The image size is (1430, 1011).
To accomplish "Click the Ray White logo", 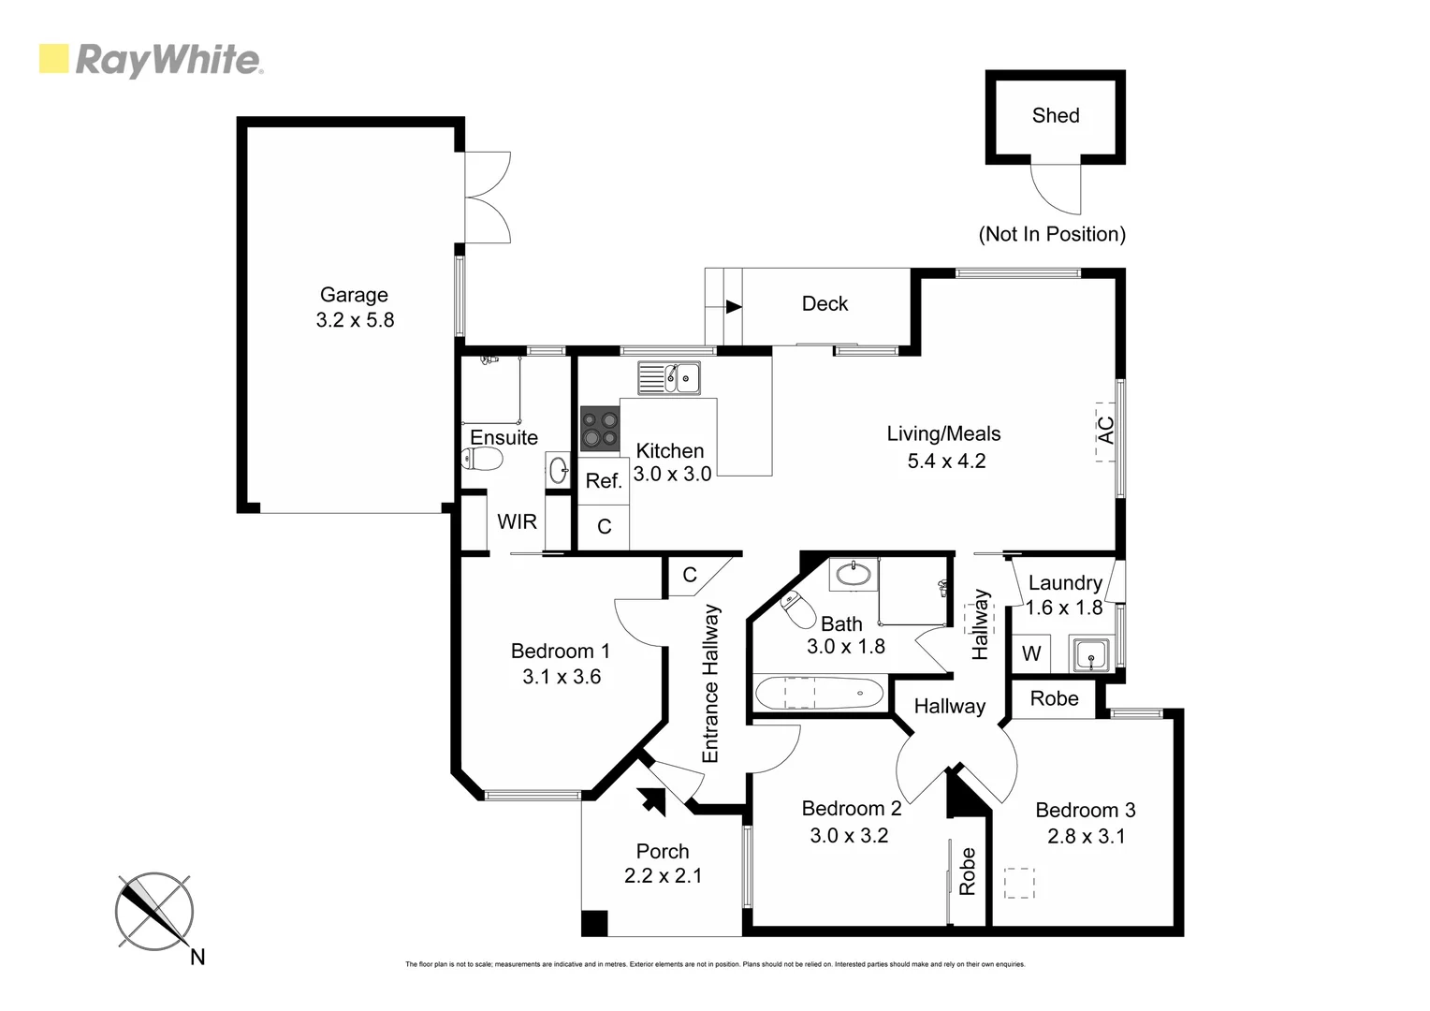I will (x=151, y=60).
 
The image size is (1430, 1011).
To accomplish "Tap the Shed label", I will (x=1055, y=115).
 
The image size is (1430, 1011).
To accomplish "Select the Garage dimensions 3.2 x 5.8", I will (x=355, y=320).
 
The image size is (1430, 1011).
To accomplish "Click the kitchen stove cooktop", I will (x=599, y=429).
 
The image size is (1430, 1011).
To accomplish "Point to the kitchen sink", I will (x=669, y=377).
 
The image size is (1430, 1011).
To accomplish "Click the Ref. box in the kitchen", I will (x=604, y=481).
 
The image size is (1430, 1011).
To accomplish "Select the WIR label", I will (x=517, y=521).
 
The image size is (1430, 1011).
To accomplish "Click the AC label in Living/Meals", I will (x=1105, y=430).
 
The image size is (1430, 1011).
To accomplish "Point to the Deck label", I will (x=824, y=303).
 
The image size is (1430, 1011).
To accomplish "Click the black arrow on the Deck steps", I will (x=734, y=306).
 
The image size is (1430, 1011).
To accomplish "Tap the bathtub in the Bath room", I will (x=818, y=695).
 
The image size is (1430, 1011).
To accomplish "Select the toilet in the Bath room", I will (x=797, y=610).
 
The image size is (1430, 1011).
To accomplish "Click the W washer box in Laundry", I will (x=1031, y=653).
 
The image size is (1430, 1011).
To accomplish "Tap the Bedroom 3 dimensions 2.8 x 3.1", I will (x=1086, y=836).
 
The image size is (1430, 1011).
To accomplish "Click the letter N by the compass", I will (x=197, y=957).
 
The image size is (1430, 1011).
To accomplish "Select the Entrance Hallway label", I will (x=710, y=683).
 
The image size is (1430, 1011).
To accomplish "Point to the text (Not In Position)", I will (x=1052, y=234).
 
